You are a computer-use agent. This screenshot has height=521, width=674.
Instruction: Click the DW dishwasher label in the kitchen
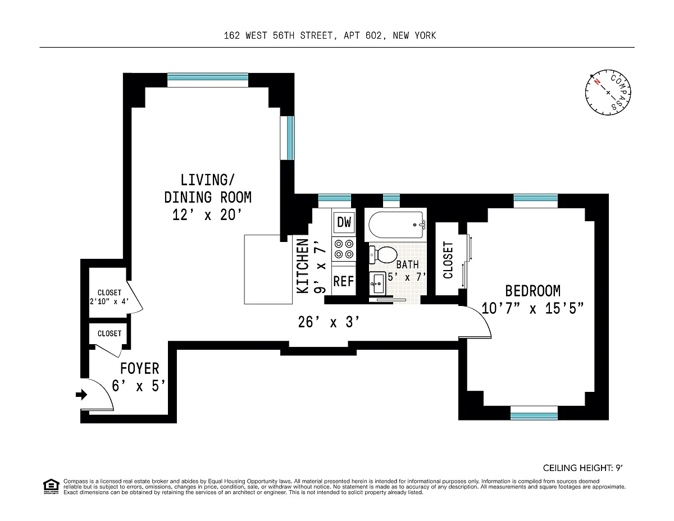[344, 222]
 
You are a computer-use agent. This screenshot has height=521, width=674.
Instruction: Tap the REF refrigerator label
[343, 281]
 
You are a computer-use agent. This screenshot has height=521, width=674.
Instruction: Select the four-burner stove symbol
[344, 249]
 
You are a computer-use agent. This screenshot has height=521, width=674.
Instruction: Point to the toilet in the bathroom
[384, 255]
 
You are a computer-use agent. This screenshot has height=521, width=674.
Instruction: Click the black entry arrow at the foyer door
[81, 395]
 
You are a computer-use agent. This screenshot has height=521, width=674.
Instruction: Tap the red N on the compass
[597, 82]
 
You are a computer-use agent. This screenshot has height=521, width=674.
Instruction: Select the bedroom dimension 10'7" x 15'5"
[532, 309]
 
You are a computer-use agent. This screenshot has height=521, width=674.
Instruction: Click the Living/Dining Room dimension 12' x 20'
[207, 215]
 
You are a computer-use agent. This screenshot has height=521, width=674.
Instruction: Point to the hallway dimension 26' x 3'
[329, 322]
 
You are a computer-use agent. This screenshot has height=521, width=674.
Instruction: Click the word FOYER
[140, 368]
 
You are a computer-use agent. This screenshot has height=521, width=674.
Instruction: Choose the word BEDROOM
[533, 291]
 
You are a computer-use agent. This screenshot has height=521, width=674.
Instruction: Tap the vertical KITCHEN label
[303, 266]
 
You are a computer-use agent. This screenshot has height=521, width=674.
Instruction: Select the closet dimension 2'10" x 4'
[109, 301]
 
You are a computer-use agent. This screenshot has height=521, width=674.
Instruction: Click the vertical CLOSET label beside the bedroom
[448, 260]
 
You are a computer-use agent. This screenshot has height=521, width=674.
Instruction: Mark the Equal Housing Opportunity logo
[51, 487]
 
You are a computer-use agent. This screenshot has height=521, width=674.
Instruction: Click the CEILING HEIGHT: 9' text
[583, 468]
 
